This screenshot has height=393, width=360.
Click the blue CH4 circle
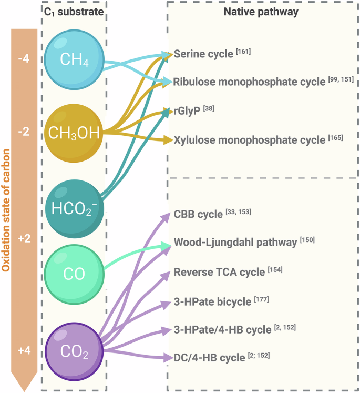click(x=74, y=60)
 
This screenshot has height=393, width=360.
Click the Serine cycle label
click(x=203, y=54)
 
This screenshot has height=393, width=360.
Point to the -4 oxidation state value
click(x=24, y=59)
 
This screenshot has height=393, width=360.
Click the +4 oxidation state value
click(x=24, y=349)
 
